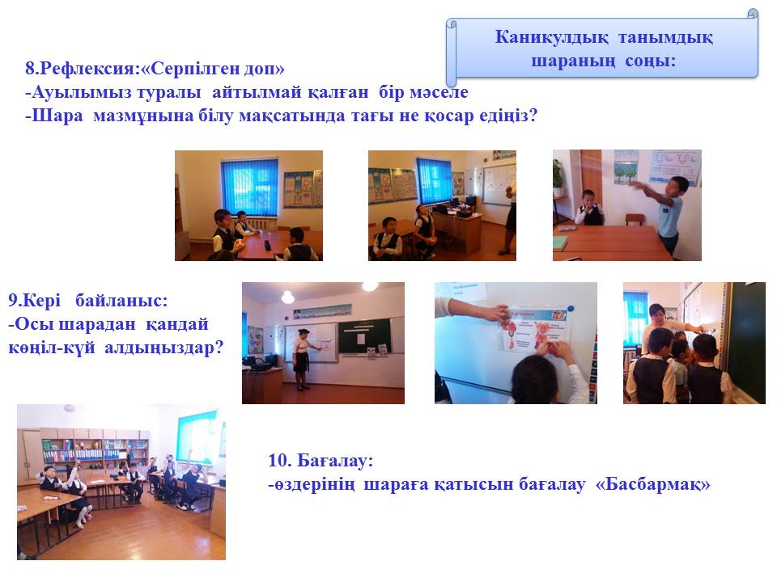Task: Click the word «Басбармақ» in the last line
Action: [x=653, y=484]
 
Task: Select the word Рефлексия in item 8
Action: [x=87, y=68]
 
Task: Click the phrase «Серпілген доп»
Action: [x=213, y=68]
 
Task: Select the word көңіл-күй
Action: [x=52, y=348]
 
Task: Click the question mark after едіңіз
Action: [x=533, y=116]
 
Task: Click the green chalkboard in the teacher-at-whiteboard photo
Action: [x=364, y=336]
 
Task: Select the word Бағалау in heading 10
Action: [x=334, y=461]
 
